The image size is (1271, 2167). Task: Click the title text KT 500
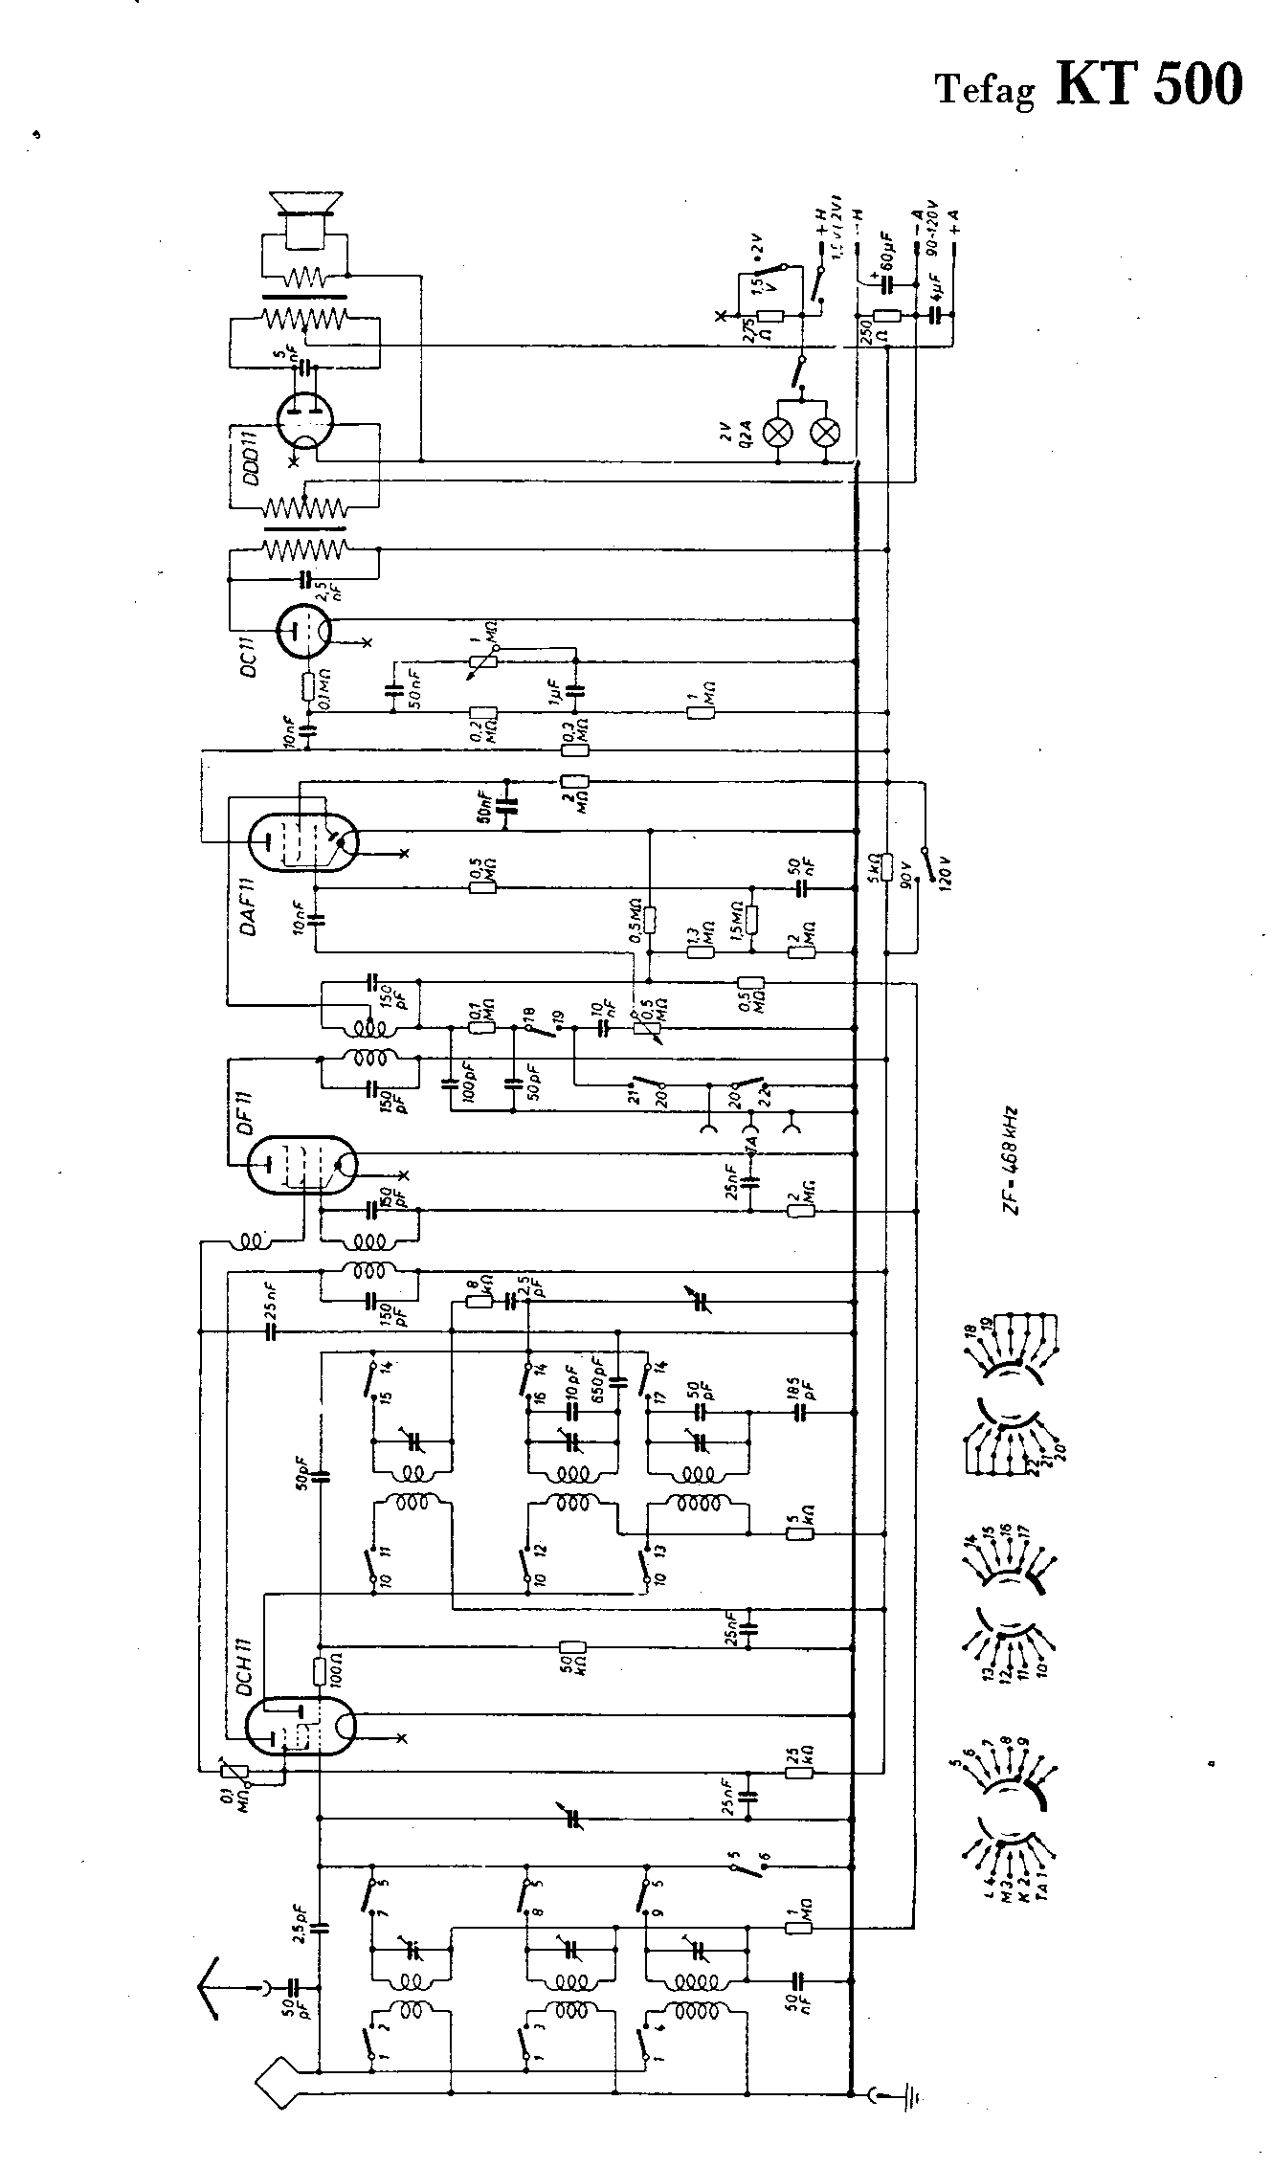(x=1149, y=83)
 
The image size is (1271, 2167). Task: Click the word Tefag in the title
(x=985, y=90)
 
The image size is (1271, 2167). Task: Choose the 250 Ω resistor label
(x=866, y=331)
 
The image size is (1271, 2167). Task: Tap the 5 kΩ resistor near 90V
(x=887, y=866)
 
